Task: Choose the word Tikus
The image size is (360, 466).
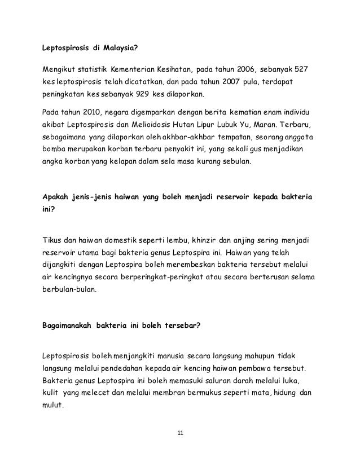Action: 54,238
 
